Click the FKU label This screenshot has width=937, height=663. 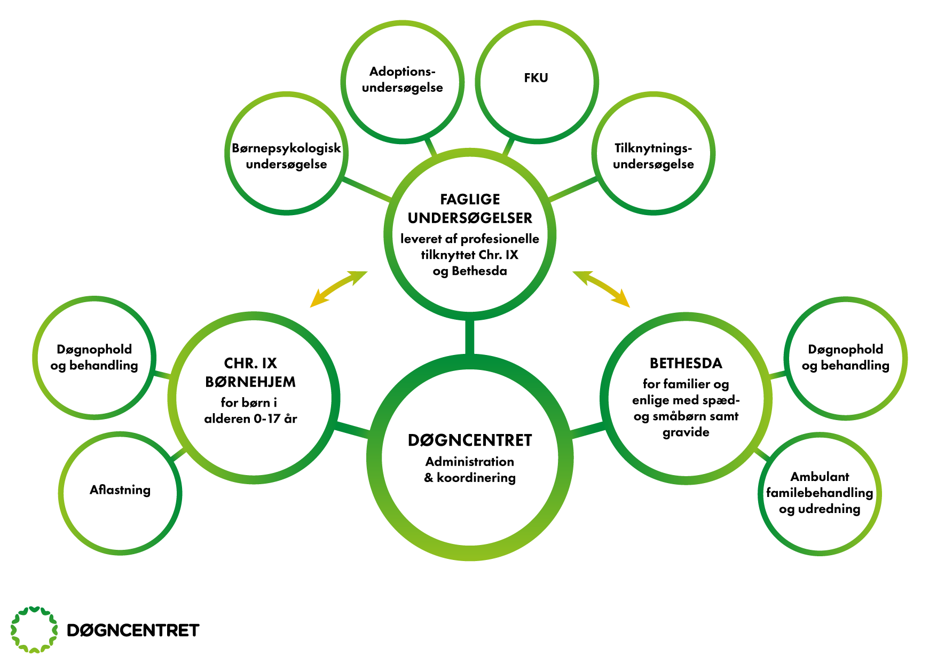coord(536,78)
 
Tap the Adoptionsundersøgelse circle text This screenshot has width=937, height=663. coord(403,80)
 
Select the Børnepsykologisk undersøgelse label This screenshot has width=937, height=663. coord(286,156)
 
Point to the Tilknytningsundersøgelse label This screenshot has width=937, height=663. coord(653,156)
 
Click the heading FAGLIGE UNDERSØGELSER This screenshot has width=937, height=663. coord(470,209)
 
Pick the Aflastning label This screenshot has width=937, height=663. coord(120,490)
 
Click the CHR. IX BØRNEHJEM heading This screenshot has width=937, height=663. coord(250,373)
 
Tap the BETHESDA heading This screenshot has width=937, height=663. coord(686,364)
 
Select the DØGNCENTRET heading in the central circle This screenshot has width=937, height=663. coord(470,440)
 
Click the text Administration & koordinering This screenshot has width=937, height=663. coord(470,470)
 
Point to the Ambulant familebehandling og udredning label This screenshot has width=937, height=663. coord(820,493)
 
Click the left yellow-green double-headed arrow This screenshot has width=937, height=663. coord(338,289)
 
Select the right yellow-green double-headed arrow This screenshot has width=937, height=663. coord(601,289)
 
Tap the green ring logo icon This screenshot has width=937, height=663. coord(34,630)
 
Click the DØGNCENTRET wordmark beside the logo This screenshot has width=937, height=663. coord(133,630)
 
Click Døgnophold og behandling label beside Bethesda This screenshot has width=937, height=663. coord(845,357)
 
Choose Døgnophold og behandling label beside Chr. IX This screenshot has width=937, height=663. coord(95,357)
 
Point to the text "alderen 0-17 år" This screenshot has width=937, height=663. coord(250,419)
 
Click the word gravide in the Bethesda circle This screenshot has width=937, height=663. coord(686,432)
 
